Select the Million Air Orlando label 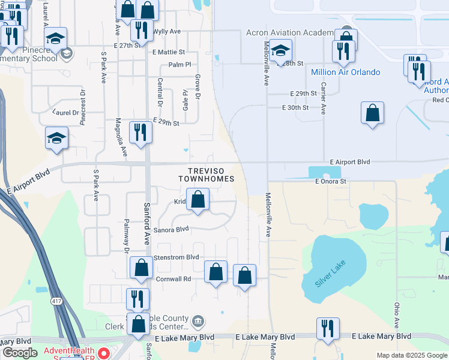[345, 72]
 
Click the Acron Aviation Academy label [290, 33]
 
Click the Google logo [20, 353]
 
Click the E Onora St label [331, 181]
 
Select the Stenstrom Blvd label [176, 257]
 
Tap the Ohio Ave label [396, 311]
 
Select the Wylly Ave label [167, 31]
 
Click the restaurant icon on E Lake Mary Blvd [328, 328]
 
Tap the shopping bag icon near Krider [197, 199]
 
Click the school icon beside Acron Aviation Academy [280, 50]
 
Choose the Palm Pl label [179, 64]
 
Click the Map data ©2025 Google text [411, 355]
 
